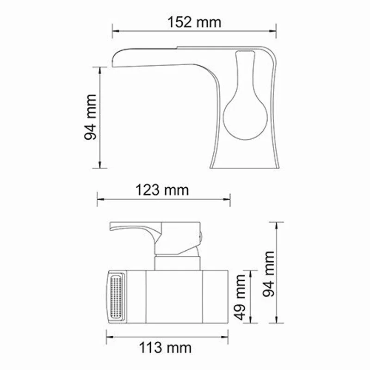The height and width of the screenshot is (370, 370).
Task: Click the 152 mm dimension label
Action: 194,22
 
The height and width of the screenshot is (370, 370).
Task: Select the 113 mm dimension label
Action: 165,347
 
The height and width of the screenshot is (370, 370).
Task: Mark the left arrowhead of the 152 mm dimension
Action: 114,31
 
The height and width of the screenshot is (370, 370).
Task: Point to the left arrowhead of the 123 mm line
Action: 99,200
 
